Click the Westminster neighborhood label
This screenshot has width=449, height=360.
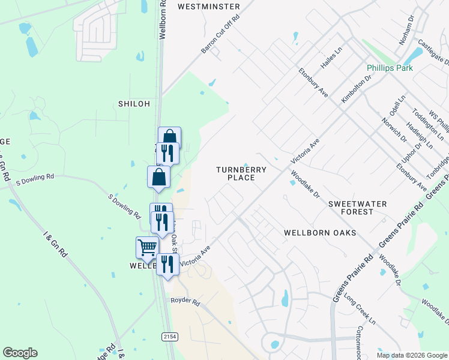coord(209,7)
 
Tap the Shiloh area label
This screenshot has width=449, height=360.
coord(133,104)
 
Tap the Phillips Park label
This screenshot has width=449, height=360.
coord(391,68)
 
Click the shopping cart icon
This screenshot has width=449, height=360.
coord(147,247)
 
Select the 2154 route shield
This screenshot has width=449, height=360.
coord(169,338)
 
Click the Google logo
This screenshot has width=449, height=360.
coord(20,353)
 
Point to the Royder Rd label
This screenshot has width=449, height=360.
coord(184,301)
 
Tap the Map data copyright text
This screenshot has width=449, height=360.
coord(412,355)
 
